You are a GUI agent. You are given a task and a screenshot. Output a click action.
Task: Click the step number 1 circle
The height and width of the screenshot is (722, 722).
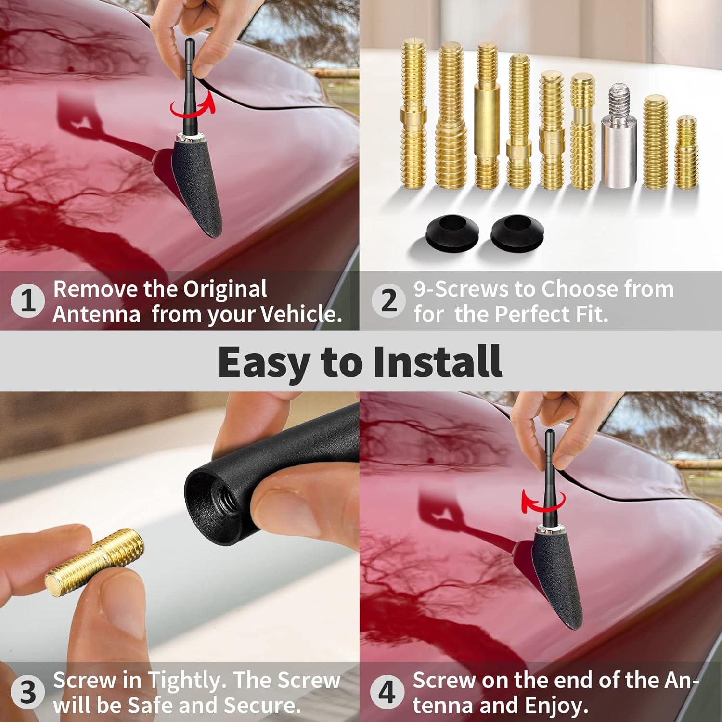(27, 301)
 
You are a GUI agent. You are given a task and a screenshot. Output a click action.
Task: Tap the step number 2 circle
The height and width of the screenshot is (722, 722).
(388, 301)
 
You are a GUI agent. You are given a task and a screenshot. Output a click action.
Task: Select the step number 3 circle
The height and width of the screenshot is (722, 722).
(27, 693)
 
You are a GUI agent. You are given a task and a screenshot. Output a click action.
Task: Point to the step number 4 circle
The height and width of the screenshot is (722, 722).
(387, 693)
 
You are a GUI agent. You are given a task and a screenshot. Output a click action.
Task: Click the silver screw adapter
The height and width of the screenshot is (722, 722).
(619, 140)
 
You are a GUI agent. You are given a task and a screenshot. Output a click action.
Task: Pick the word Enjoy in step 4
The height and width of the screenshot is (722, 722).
(556, 706)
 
